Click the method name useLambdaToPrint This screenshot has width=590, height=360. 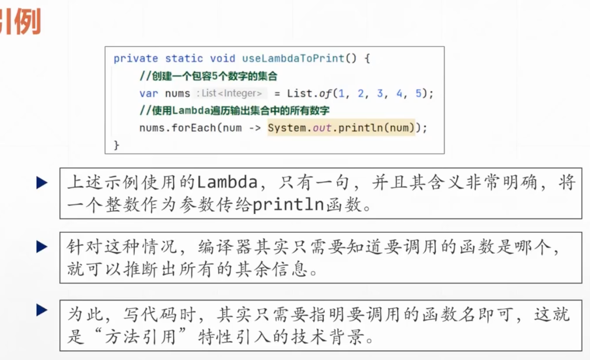pyautogui.click(x=293, y=59)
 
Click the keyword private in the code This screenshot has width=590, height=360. pyautogui.click(x=136, y=59)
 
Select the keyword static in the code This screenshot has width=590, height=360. pyautogui.click(x=184, y=59)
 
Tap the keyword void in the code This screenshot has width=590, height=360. pyautogui.click(x=223, y=59)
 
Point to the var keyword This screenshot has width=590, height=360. pyautogui.click(x=149, y=94)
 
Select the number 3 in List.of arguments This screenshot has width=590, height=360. pyautogui.click(x=380, y=94)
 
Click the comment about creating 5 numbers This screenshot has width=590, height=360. pyautogui.click(x=208, y=77)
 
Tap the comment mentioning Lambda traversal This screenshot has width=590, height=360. pyautogui.click(x=234, y=111)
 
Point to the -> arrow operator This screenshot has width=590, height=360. pyautogui.click(x=255, y=128)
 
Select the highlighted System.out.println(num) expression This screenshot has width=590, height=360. pyautogui.click(x=341, y=128)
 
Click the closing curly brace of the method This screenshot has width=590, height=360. pyautogui.click(x=117, y=145)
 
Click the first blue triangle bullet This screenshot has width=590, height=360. pyautogui.click(x=42, y=182)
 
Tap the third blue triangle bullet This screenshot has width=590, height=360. pyautogui.click(x=42, y=310)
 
